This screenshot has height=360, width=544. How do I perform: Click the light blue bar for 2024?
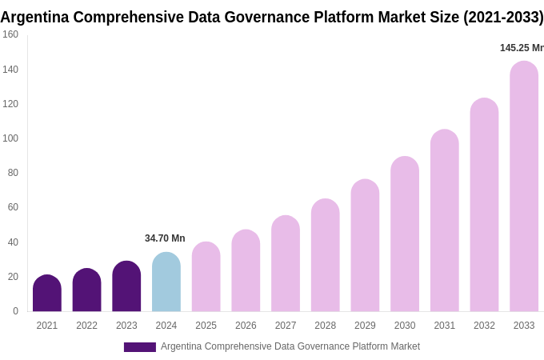click(166, 282)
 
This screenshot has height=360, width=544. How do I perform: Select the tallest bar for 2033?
click(524, 186)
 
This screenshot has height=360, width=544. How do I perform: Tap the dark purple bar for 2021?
click(47, 294)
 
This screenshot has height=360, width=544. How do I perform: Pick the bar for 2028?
click(325, 255)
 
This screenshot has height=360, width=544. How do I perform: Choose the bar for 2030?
click(405, 234)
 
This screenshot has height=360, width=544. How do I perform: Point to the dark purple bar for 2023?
click(126, 286)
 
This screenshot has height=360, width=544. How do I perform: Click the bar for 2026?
click(246, 270)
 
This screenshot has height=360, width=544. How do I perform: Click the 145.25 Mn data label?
click(521, 48)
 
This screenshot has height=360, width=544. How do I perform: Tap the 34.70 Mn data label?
click(165, 238)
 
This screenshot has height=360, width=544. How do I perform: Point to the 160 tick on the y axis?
click(10, 34)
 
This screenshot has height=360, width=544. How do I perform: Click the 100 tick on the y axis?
click(10, 138)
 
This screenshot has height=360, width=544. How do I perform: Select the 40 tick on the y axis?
click(13, 242)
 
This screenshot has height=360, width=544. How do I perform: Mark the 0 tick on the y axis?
click(15, 311)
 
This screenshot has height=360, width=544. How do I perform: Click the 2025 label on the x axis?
click(206, 326)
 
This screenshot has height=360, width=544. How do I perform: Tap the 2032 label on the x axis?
click(484, 326)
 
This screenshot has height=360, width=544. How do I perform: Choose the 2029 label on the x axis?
click(365, 326)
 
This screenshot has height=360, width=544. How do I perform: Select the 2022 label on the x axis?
click(86, 326)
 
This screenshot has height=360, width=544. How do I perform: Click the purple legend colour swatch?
click(139, 347)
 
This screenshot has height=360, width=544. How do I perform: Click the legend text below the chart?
click(290, 346)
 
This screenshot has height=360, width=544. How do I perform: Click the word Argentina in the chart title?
click(34, 17)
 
